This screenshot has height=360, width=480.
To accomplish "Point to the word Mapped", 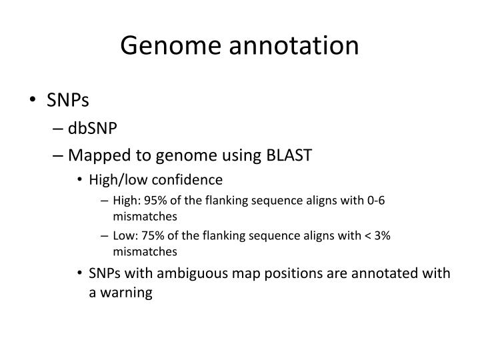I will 94,155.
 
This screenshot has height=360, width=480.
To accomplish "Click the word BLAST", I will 289,155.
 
